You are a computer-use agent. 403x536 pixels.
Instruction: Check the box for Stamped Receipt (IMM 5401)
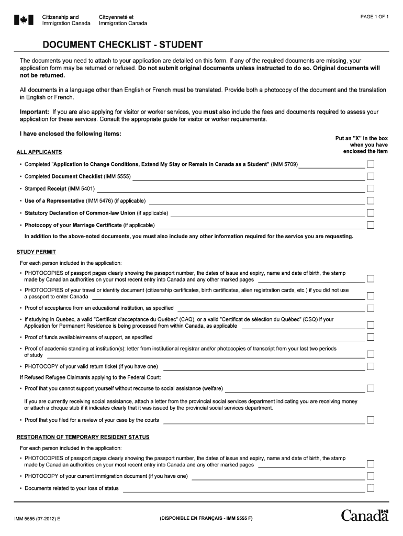point(371,188)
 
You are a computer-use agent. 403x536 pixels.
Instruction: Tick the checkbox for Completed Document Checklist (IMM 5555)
point(371,176)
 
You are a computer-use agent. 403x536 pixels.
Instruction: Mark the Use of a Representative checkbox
point(371,200)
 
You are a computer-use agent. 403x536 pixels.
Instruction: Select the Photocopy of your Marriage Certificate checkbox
point(371,225)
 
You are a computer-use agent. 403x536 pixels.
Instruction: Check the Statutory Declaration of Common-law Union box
point(371,213)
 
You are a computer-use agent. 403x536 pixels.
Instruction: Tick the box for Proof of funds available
point(371,337)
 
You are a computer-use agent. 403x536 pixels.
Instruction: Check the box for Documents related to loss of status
point(371,488)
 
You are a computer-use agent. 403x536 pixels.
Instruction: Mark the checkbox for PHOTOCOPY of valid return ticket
point(371,366)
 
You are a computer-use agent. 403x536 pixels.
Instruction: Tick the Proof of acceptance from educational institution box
point(371,308)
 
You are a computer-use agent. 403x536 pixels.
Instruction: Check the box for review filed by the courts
point(371,420)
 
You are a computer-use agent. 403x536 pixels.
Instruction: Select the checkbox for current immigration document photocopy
point(371,476)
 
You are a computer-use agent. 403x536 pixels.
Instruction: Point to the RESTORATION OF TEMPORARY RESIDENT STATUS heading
point(83,437)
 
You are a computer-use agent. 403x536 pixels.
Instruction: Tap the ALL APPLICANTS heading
point(39,152)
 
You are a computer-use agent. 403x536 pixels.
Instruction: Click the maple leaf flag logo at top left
point(24,20)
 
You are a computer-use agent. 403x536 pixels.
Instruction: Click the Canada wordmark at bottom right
point(365,515)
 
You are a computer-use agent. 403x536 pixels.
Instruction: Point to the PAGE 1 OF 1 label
point(374,17)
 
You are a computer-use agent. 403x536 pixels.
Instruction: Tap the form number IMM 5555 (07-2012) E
point(37,519)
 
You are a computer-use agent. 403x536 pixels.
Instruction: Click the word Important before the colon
point(34,112)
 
